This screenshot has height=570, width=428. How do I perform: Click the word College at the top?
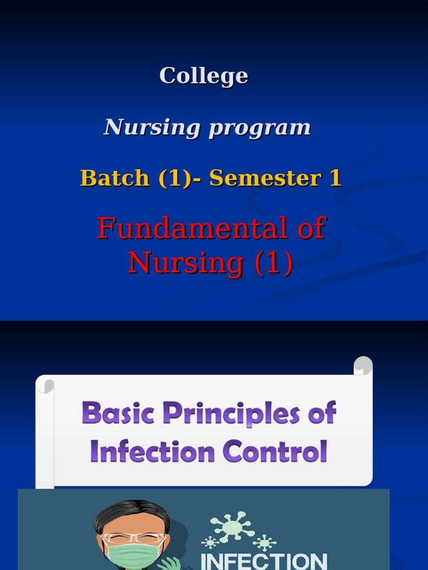click(203, 76)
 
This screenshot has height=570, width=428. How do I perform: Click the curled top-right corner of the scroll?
click(363, 366)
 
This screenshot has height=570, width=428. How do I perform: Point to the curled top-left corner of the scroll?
click(45, 385)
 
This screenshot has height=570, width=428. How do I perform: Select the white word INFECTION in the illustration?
click(264, 561)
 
